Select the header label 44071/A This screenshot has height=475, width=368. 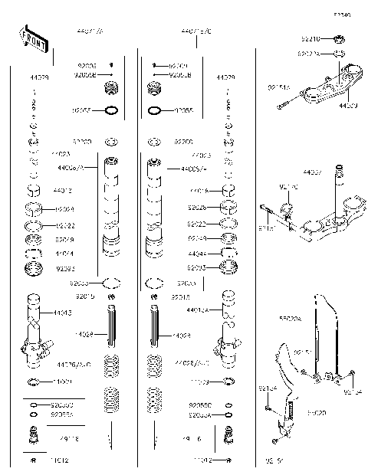tap(93, 32)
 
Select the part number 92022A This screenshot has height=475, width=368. tap(309, 54)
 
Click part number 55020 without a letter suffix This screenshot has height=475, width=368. tap(317, 412)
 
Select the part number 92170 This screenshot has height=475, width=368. tap(287, 208)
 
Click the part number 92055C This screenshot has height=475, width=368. tap(199, 404)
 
